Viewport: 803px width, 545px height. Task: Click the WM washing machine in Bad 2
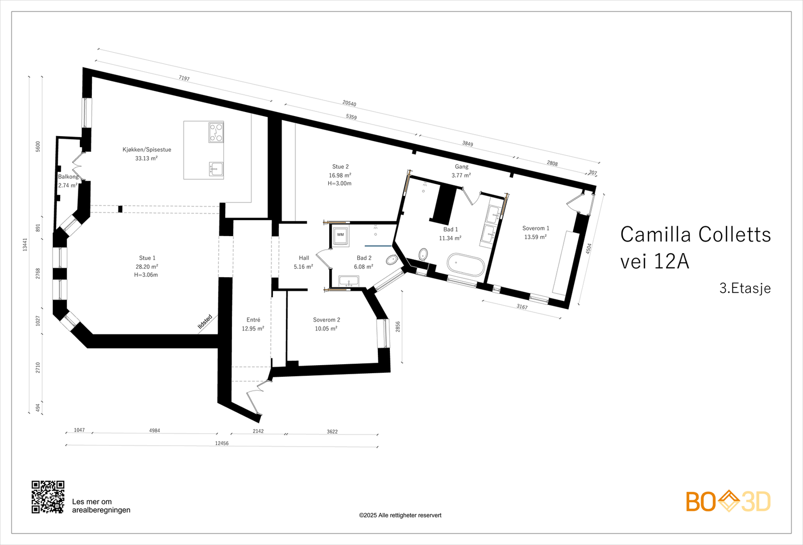point(341,235)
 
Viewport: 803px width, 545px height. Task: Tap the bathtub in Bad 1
point(466,265)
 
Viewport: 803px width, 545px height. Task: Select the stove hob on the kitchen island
point(216,133)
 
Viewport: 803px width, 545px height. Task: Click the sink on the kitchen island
point(216,169)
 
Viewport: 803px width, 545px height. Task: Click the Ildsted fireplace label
point(205,322)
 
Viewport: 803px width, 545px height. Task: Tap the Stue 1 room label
point(147,258)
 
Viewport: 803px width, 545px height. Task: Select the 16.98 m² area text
point(340,175)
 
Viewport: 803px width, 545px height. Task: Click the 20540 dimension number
point(349,103)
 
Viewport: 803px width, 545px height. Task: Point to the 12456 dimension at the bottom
point(221,444)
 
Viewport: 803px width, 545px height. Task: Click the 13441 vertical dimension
point(25,245)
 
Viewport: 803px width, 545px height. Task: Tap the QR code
point(48,497)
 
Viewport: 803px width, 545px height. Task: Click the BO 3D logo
point(728,501)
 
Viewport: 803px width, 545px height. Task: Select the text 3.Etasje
point(745,288)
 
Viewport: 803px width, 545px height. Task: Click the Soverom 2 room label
point(326,320)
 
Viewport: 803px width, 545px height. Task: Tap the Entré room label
point(253,320)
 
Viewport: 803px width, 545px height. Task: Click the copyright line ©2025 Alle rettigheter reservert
point(400,515)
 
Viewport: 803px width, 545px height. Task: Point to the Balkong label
point(68,177)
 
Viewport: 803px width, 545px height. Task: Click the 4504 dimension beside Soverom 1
point(589,249)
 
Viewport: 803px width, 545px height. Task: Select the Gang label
point(461,167)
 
